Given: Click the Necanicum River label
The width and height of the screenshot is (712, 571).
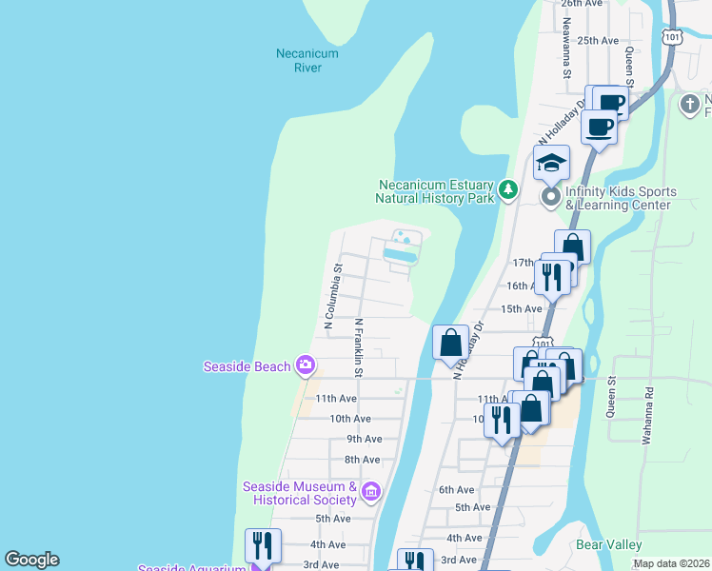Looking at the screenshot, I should [307, 61].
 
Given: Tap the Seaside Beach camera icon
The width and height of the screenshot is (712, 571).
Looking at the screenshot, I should [306, 364].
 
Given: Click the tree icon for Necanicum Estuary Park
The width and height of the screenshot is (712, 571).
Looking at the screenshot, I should [509, 191].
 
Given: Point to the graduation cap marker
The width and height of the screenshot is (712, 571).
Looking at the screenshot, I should [551, 164].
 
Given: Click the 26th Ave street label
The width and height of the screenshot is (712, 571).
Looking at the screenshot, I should [582, 4].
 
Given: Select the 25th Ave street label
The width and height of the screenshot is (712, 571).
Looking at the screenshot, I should [598, 41].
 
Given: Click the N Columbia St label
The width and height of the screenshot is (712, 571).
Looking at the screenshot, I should [332, 297].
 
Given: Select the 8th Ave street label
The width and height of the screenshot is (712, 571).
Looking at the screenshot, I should [362, 460].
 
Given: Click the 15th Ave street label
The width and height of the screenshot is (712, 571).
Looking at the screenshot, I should [521, 308].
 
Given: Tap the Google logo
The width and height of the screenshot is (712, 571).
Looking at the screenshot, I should [31, 560].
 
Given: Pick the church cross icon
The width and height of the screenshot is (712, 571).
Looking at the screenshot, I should [690, 105].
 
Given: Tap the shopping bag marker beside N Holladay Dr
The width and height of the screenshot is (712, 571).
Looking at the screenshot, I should [450, 343].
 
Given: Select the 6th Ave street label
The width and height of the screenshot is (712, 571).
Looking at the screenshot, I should [456, 490].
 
